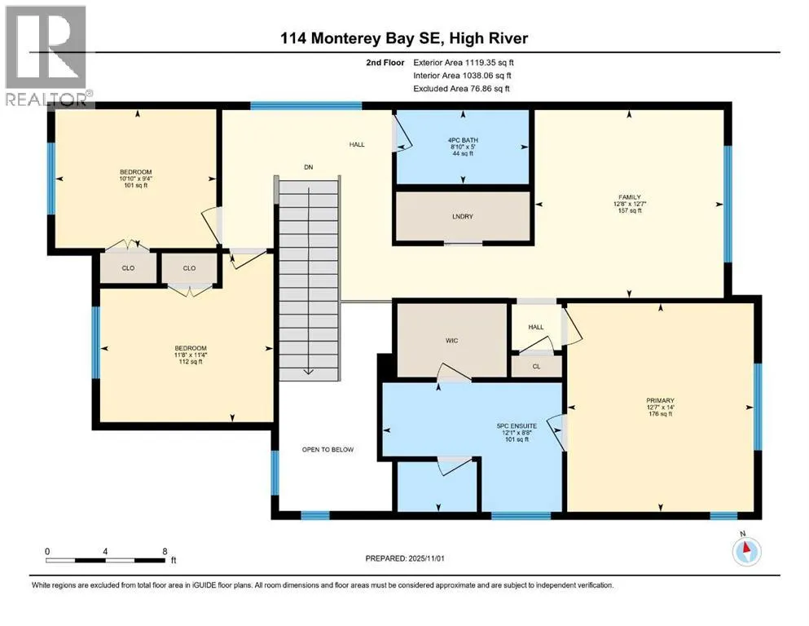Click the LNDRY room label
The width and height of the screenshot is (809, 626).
pos(462,217)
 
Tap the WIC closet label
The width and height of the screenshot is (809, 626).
pos(451,341)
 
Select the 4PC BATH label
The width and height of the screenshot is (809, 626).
pos(463,140)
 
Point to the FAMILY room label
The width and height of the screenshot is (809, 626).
pos(630,197)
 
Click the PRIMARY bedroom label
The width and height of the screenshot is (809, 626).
pos(661,400)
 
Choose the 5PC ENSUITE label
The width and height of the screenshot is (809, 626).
pos(517,426)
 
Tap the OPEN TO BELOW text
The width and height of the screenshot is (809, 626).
pos(328,449)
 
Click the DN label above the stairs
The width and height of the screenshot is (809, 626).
pos(309,167)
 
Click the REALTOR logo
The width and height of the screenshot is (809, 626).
pos(47,55)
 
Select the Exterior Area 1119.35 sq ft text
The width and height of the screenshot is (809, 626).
pos(464,63)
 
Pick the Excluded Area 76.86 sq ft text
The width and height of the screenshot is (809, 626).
pos(461,88)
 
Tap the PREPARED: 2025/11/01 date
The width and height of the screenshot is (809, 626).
pos(404,558)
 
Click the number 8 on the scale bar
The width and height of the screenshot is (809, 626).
pos(165,551)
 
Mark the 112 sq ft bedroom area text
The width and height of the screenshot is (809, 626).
pos(191,362)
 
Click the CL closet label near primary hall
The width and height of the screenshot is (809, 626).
pos(536,367)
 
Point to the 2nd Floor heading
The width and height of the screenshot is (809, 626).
pos(385,63)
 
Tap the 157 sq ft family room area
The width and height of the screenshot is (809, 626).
pos(630,210)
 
